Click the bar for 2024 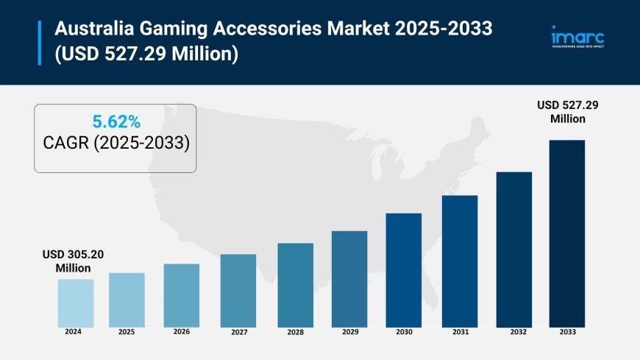click(x=76, y=303)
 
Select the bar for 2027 click(x=238, y=291)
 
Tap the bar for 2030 click(x=404, y=270)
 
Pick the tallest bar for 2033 click(x=567, y=233)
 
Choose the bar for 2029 click(x=349, y=279)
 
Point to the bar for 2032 click(x=514, y=250)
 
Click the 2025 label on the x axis click(x=127, y=332)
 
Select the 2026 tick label click(x=181, y=332)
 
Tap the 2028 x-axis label click(x=295, y=332)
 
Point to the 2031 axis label click(x=460, y=332)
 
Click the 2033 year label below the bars click(x=567, y=332)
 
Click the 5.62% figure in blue click(x=115, y=120)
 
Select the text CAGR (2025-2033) click(x=115, y=143)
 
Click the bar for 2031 click(x=460, y=261)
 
